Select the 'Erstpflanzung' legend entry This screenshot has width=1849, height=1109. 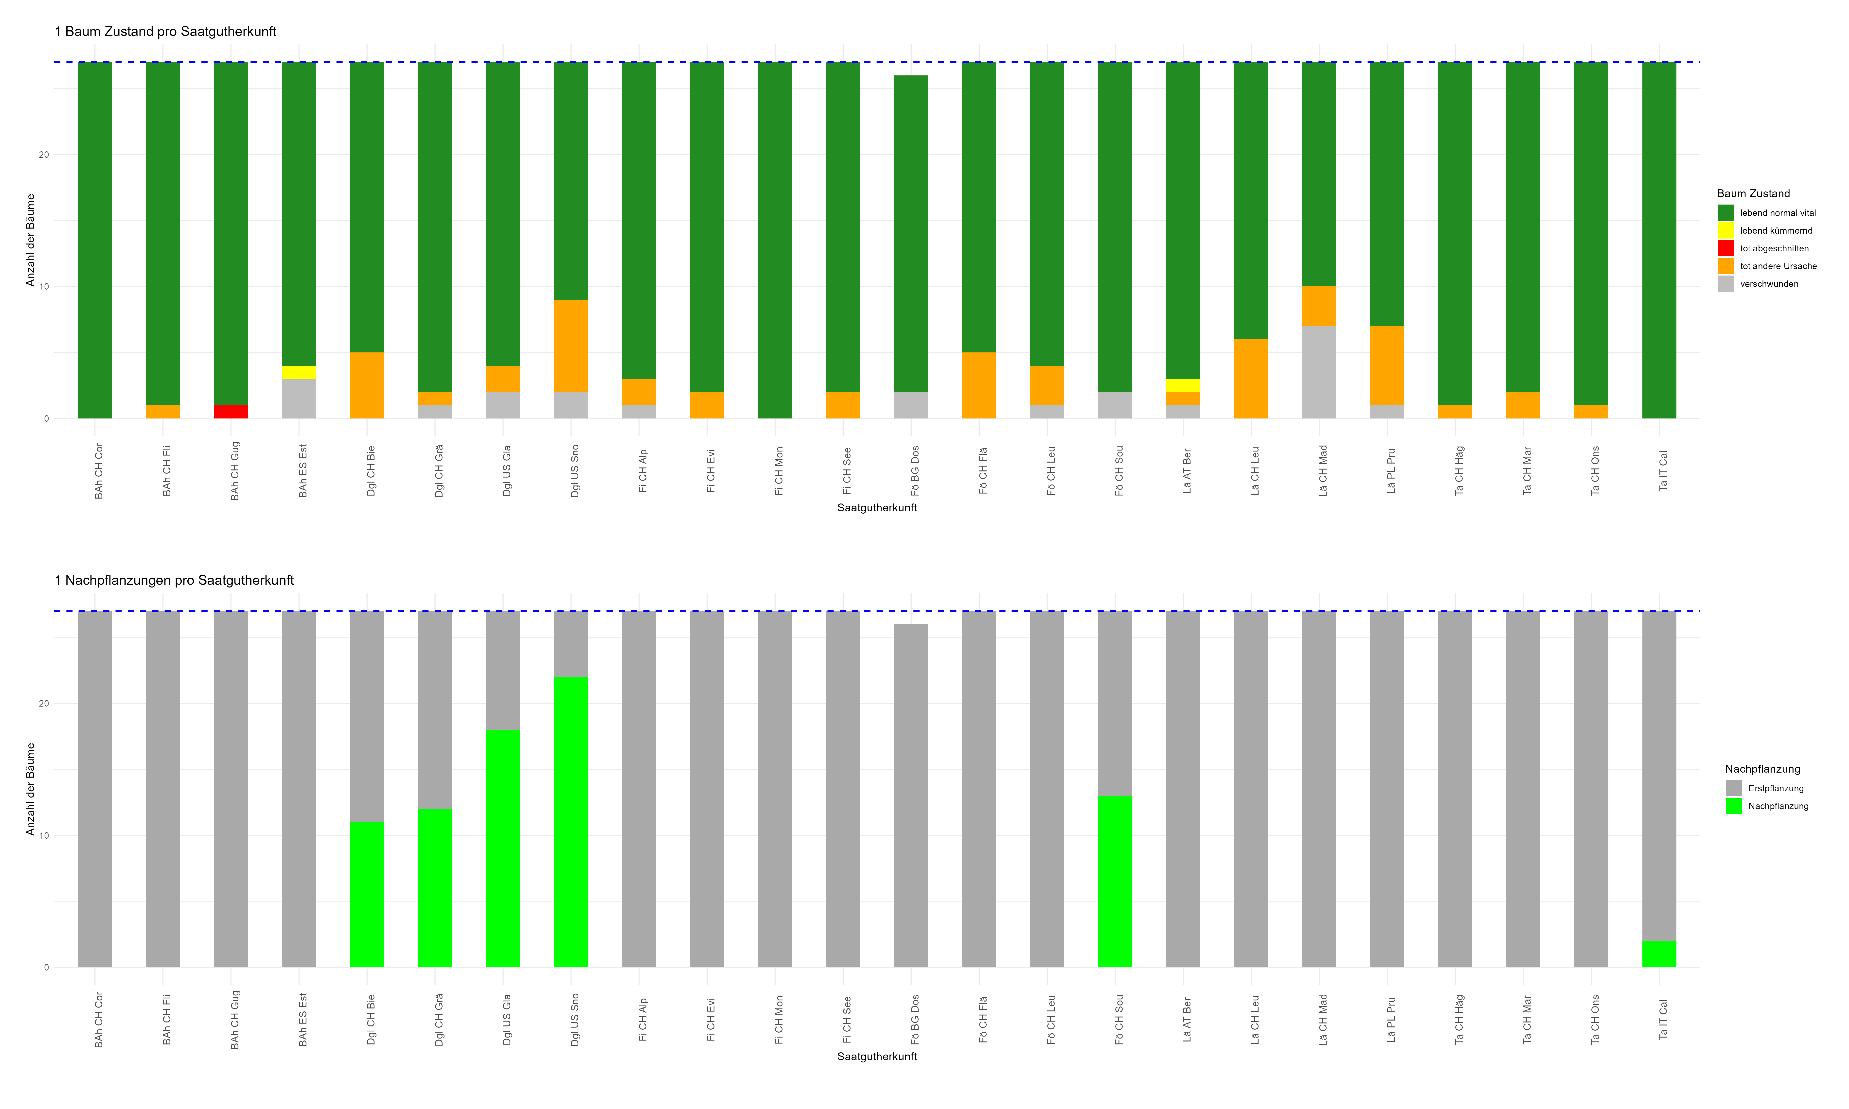coord(1775,788)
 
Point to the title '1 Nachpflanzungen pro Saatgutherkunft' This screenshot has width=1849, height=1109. coord(174,581)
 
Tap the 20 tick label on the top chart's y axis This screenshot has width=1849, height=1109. coord(43,155)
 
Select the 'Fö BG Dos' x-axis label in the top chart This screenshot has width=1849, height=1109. coord(915,471)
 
